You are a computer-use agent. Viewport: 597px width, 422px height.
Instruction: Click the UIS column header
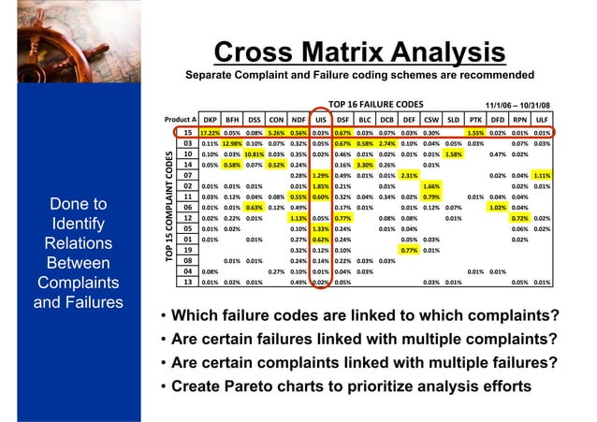coord(320,120)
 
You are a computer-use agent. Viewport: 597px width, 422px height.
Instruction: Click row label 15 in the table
coord(187,133)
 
